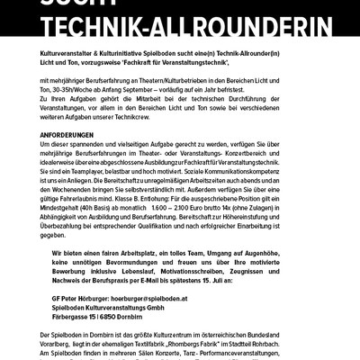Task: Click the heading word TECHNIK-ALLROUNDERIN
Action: point(180,33)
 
